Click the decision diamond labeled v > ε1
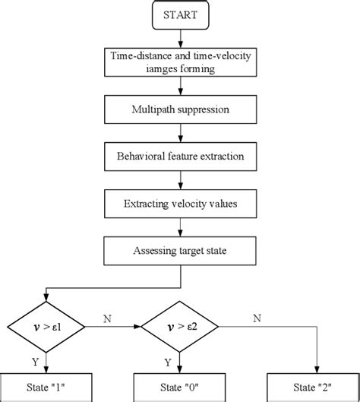click(47, 327)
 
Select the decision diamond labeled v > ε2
click(180, 327)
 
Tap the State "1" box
click(47, 388)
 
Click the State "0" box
click(180, 388)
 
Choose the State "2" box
click(313, 388)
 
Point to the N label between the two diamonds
click(109, 319)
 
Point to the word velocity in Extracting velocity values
click(182, 204)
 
